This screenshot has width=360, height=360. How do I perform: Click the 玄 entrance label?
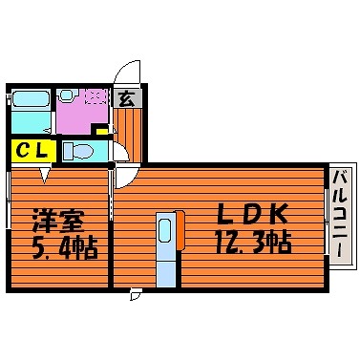tap(127, 98)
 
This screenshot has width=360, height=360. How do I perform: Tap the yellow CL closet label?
tap(32, 151)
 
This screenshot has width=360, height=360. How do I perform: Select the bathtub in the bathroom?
tap(31, 99)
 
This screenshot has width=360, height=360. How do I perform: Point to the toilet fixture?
tap(78, 151)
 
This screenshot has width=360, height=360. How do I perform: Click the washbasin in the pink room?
tap(67, 95)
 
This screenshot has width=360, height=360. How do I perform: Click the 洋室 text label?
tap(58, 221)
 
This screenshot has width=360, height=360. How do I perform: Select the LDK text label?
tap(252, 213)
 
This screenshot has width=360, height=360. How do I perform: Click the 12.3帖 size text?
tap(253, 242)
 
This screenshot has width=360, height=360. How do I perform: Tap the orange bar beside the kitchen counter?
tap(180, 230)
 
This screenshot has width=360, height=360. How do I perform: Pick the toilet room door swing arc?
tap(122, 150)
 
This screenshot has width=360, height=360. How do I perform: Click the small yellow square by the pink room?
tap(102, 131)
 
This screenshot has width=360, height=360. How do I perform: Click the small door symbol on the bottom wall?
tap(135, 294)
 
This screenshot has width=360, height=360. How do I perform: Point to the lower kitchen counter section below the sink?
tap(166, 274)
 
